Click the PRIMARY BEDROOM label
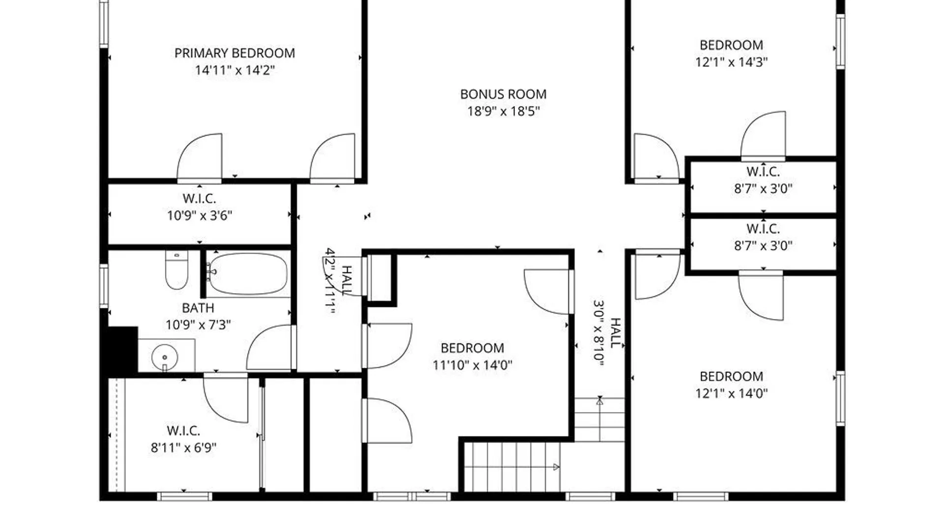pyautogui.click(x=235, y=53)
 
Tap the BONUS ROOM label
pyautogui.click(x=503, y=94)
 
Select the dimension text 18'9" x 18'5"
pyautogui.click(x=503, y=111)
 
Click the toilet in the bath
pyautogui.click(x=177, y=270)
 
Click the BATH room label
pyautogui.click(x=198, y=308)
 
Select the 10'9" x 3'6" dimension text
pyautogui.click(x=199, y=215)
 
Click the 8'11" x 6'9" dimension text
pyautogui.click(x=183, y=447)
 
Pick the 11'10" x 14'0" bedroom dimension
pyautogui.click(x=472, y=365)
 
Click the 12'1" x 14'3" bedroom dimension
pyautogui.click(x=731, y=62)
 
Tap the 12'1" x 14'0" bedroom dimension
pyautogui.click(x=731, y=393)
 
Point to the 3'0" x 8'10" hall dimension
pyautogui.click(x=598, y=333)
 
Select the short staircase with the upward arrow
pyautogui.click(x=599, y=419)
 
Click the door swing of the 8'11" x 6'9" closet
pyautogui.click(x=226, y=398)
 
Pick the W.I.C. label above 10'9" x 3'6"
pyautogui.click(x=199, y=199)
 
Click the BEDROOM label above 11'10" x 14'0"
pyautogui.click(x=472, y=348)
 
